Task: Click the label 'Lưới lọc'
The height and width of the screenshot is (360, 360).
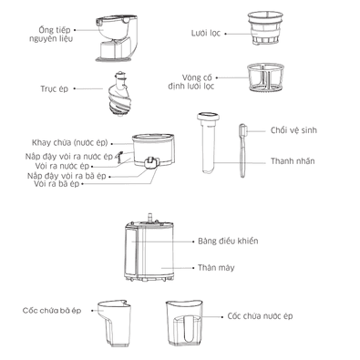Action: pos(206,33)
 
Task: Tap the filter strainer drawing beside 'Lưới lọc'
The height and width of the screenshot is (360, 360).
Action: pos(265,28)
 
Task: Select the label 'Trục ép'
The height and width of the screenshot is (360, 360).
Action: pos(55,89)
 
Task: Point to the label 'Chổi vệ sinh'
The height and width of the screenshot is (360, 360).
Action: pos(293,130)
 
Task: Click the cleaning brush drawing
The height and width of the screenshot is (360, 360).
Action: pos(242,150)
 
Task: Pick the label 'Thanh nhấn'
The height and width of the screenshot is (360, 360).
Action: pos(293,161)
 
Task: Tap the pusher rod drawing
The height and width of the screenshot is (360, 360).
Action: pos(209,143)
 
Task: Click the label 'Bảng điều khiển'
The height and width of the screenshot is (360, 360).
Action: pos(228,242)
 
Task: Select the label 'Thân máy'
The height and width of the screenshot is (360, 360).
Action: pos(216,268)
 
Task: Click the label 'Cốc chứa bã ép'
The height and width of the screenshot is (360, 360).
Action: pos(52,311)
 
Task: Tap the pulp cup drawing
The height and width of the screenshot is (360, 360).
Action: pos(114,323)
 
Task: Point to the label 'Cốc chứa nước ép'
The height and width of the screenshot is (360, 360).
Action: pos(260,316)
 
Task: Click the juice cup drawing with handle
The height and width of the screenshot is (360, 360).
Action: pos(184,324)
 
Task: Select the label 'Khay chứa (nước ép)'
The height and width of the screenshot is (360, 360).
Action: pos(70,143)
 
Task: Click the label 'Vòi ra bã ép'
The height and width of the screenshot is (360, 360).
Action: pos(57,184)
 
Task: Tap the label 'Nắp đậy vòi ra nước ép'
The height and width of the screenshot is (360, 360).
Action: pos(69,157)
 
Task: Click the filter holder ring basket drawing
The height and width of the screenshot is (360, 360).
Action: pos(265,77)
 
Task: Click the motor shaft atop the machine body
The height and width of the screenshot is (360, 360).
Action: pos(149,218)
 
